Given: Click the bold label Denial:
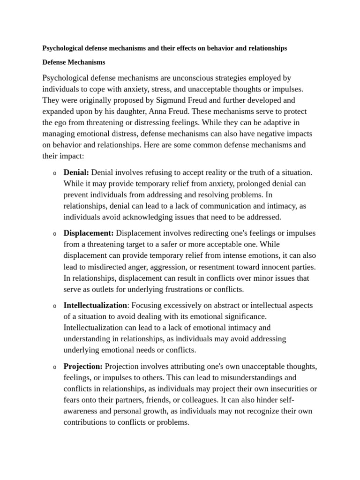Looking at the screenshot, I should point(76,172).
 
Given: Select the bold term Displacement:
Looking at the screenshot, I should point(89,233).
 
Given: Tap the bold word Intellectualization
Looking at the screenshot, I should point(95,305).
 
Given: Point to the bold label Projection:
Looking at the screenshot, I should point(83,366).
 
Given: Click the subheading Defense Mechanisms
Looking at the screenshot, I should point(74,62).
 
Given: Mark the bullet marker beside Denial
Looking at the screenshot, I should point(54,173).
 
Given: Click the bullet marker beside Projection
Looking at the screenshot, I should point(54,367).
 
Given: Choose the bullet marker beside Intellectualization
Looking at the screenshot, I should point(54,306).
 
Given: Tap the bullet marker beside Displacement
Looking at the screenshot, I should point(54,234).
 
